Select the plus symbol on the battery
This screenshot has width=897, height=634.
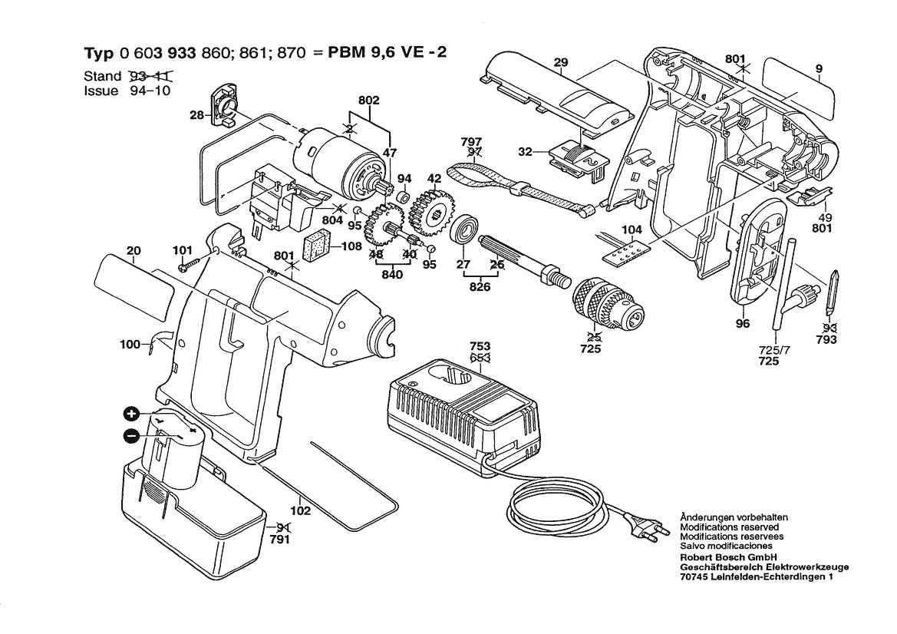(x=131, y=415)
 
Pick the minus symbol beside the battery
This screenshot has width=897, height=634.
(x=131, y=435)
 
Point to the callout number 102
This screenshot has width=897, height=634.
(x=301, y=510)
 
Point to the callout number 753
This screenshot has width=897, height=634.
(x=480, y=347)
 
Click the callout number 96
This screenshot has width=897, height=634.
(x=741, y=324)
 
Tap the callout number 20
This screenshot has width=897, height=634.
(x=134, y=250)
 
